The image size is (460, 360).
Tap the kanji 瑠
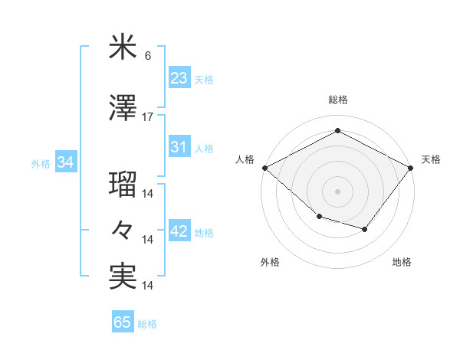[x=123, y=185]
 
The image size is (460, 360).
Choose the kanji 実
[x=123, y=276]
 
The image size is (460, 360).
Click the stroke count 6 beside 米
[x=147, y=56]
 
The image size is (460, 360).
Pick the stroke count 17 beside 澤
[x=148, y=117]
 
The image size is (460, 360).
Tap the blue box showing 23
[x=179, y=77]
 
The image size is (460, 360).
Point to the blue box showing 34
[x=65, y=162]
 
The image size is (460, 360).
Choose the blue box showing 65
[x=123, y=322]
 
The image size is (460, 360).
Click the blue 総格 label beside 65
[x=147, y=324]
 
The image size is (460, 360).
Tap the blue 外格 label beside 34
[x=41, y=164]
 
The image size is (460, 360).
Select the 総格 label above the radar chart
[x=337, y=100]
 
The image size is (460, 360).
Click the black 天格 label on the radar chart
[x=431, y=159]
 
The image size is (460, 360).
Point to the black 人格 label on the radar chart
[x=245, y=159]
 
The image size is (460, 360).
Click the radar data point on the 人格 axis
[x=264, y=168]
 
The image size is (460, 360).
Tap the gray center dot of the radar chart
[x=337, y=191]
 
